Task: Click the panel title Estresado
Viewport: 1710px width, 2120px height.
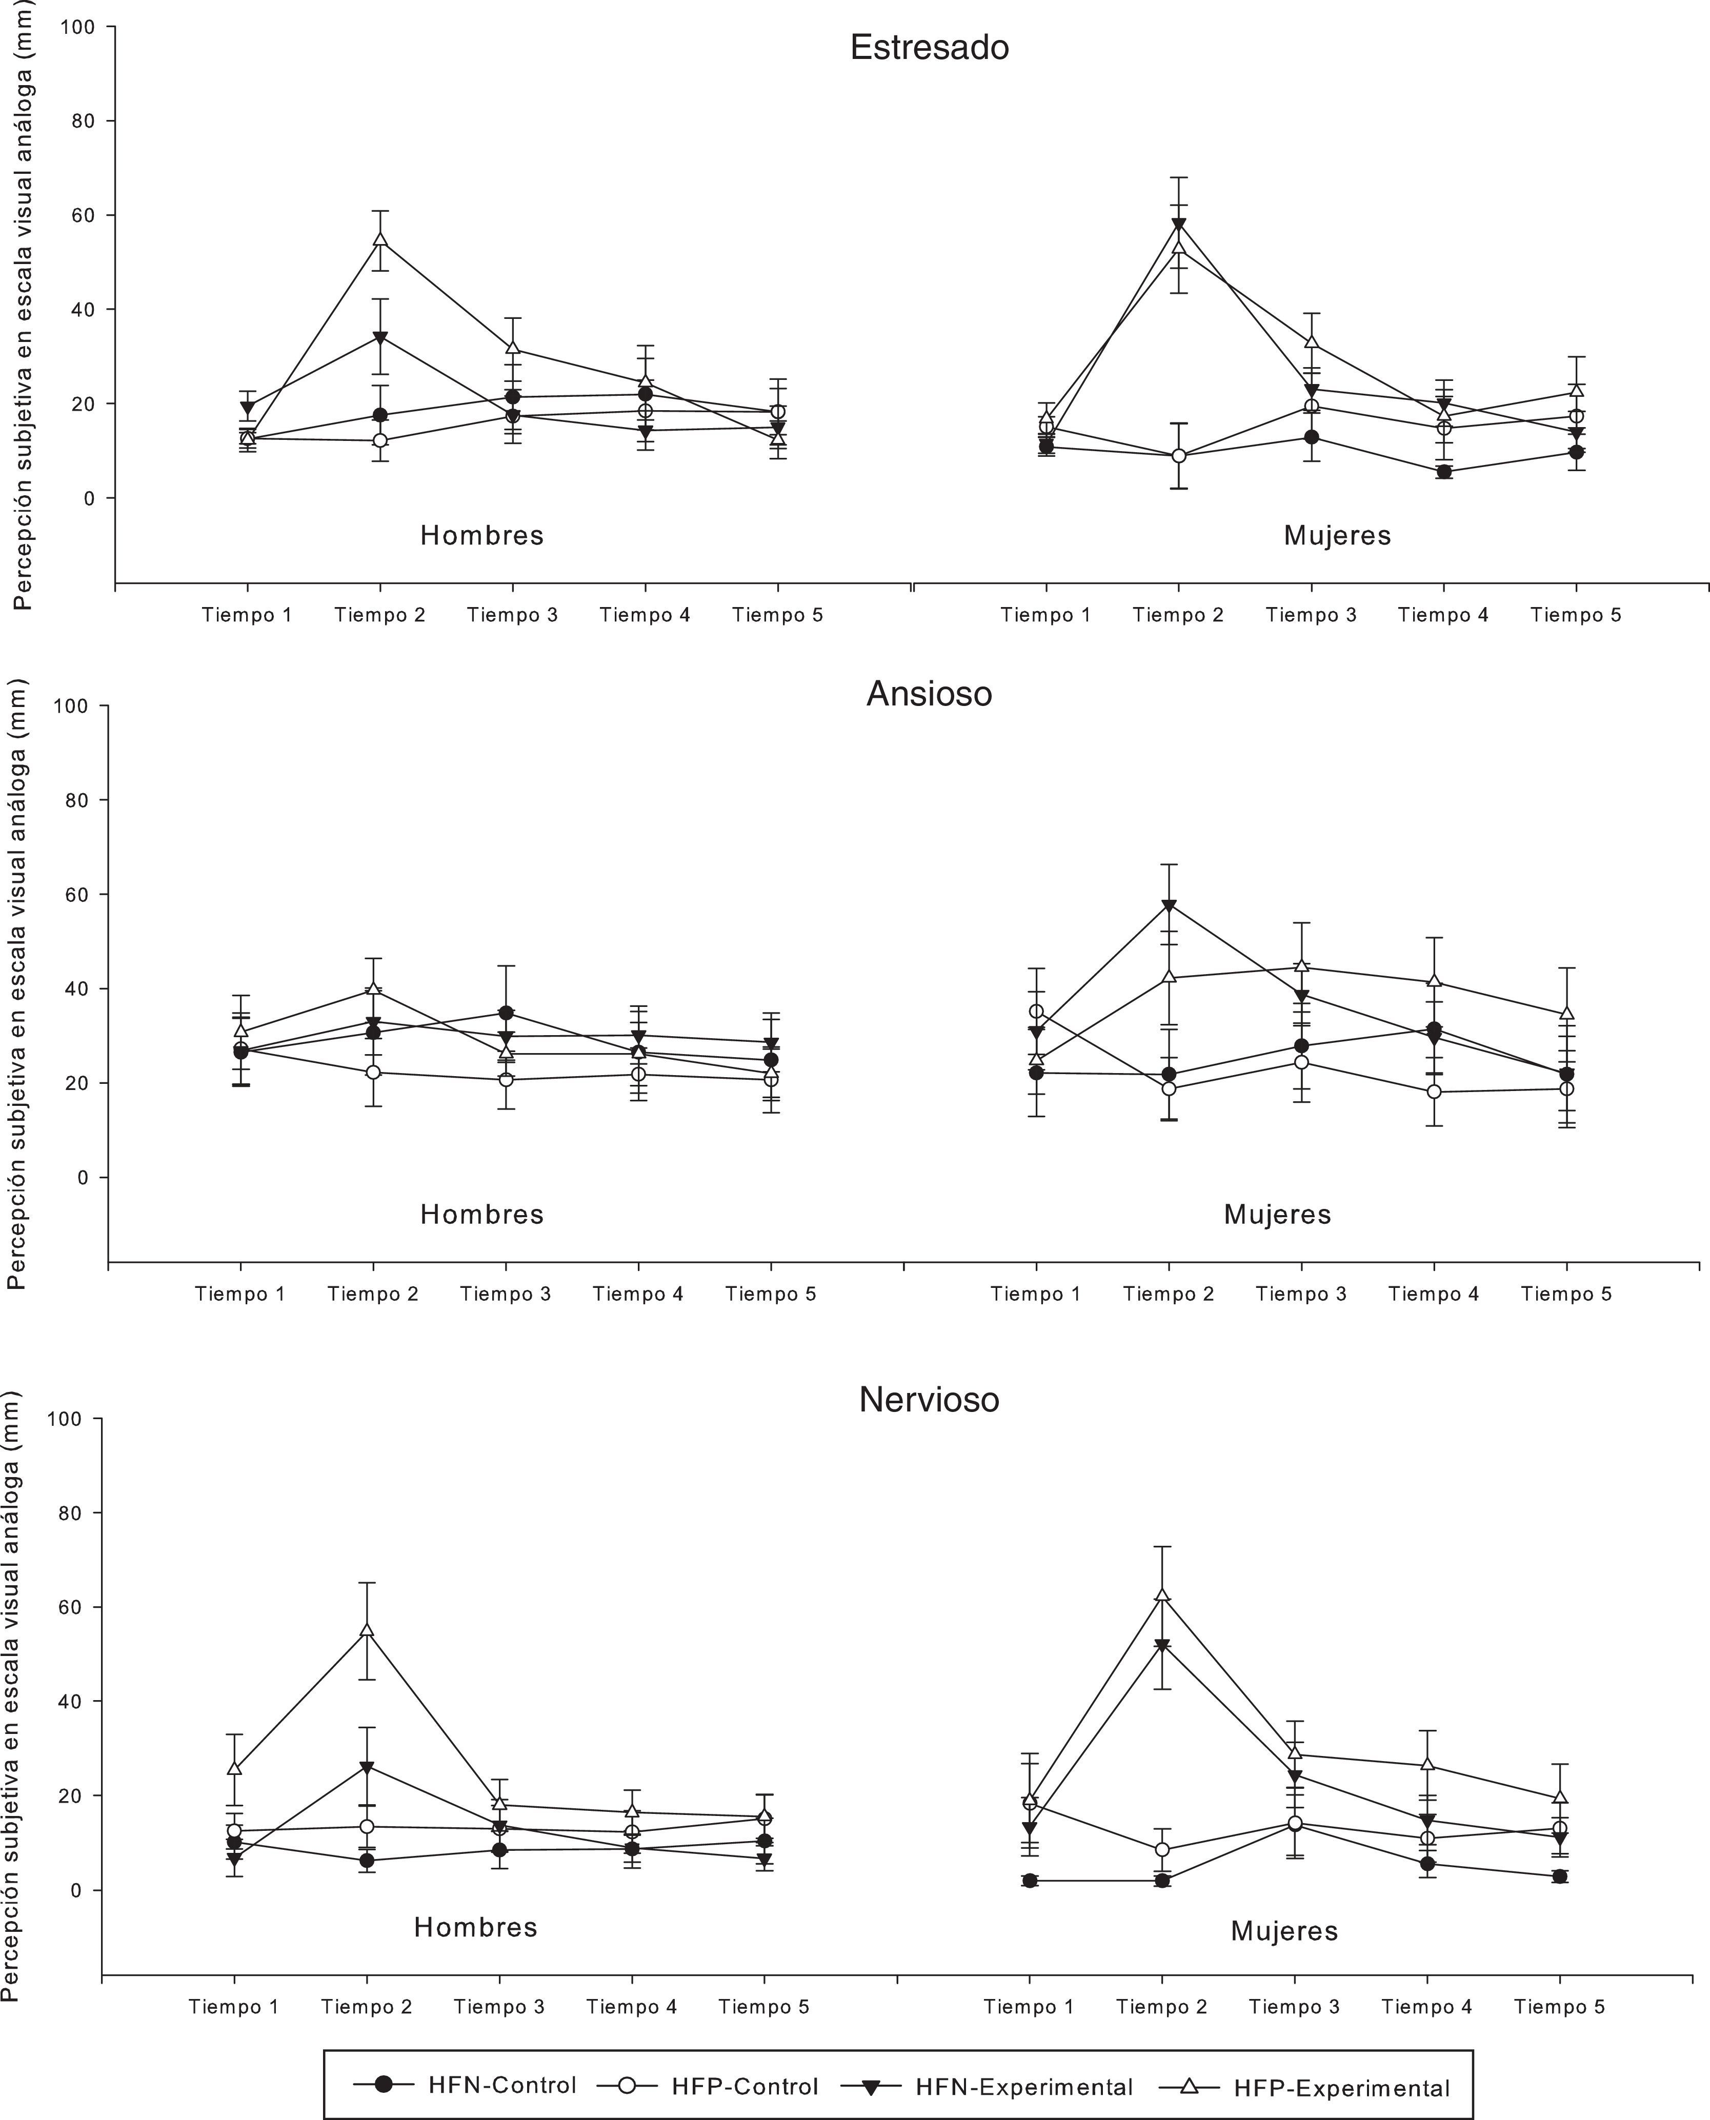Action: (x=929, y=47)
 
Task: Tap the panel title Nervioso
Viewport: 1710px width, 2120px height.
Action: (x=929, y=1399)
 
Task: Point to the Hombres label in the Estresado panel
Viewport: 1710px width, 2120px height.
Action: (x=481, y=536)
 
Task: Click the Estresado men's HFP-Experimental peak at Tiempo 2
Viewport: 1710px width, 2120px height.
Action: (x=380, y=239)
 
